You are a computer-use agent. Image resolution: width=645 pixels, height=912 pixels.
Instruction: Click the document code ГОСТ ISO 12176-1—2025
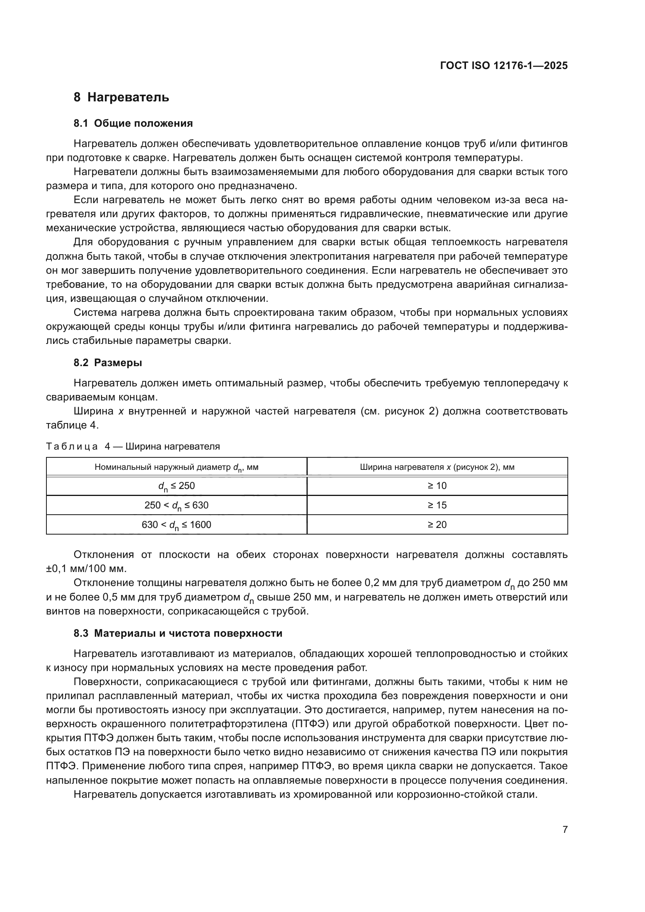pos(503,66)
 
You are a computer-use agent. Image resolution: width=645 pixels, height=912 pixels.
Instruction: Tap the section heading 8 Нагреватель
pos(121,97)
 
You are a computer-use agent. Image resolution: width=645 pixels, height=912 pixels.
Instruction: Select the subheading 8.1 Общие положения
pos(133,124)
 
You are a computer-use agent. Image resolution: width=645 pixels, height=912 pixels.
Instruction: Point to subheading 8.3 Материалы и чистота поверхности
pos(178,633)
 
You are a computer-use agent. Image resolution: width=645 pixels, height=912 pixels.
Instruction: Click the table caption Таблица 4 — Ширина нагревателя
pos(133,446)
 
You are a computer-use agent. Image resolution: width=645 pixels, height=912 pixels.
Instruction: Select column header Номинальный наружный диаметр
pos(176,467)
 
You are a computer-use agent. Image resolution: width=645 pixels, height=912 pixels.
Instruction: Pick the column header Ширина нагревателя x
pos(437,467)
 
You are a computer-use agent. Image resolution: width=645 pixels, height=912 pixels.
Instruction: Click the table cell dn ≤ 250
pos(176,486)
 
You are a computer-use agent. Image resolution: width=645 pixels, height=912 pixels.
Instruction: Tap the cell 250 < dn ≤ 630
pos(176,505)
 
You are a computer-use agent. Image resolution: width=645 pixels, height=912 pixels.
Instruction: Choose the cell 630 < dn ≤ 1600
pos(176,525)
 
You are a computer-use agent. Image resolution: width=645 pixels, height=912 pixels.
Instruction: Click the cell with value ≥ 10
pos(437,486)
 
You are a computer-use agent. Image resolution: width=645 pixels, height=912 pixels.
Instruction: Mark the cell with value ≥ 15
pos(437,505)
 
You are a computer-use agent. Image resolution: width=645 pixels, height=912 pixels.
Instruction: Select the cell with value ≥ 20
pos(437,525)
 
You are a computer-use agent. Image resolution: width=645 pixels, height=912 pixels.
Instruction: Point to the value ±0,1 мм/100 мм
pos(86,569)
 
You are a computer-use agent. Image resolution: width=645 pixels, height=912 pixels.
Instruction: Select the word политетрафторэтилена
pos(218,724)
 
